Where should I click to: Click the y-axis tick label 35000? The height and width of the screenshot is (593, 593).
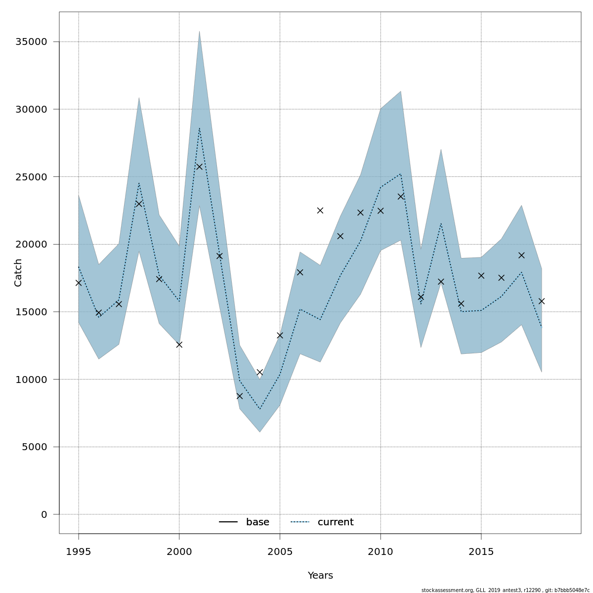coord(31,42)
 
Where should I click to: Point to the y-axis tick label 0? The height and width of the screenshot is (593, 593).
coord(44,514)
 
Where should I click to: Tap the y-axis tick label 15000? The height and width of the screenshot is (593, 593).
coord(31,312)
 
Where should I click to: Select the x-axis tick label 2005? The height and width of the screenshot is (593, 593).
coord(280,552)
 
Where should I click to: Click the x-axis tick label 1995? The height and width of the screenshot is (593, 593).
coord(79,552)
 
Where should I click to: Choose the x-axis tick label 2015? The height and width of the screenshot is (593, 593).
coord(481,552)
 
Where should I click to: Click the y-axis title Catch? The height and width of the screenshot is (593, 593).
coord(18,272)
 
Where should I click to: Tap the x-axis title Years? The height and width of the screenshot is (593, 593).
coord(320,576)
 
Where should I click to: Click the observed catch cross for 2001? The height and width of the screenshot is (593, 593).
coord(199,167)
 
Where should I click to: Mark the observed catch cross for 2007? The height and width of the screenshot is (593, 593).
coord(320,211)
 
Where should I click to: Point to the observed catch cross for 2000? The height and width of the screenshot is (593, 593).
coord(179,344)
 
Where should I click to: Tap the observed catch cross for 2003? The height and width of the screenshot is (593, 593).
coord(240,396)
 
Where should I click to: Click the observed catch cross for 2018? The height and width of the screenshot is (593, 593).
coord(542,301)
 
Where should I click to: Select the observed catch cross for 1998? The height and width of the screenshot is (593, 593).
coord(139,204)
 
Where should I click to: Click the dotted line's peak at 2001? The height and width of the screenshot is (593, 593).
coord(199,128)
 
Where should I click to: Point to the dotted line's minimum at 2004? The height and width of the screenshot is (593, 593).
coord(260,409)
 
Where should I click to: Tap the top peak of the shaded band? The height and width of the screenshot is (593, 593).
coord(199,32)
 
